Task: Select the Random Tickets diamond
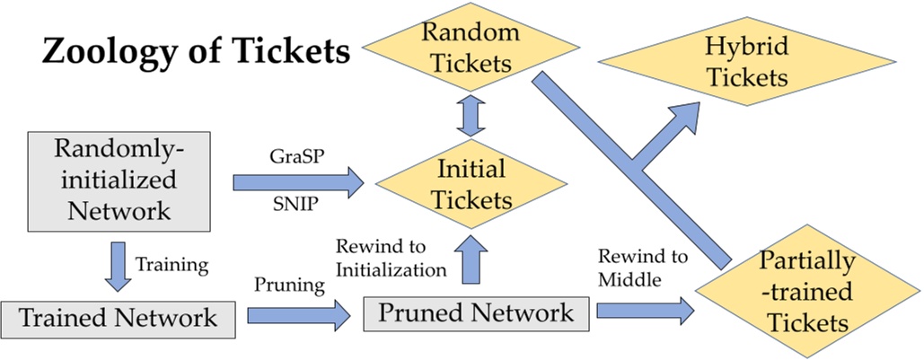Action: [471, 48]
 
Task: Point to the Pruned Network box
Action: [475, 312]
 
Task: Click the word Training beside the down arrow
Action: [172, 266]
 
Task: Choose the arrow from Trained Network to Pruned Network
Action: [296, 316]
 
